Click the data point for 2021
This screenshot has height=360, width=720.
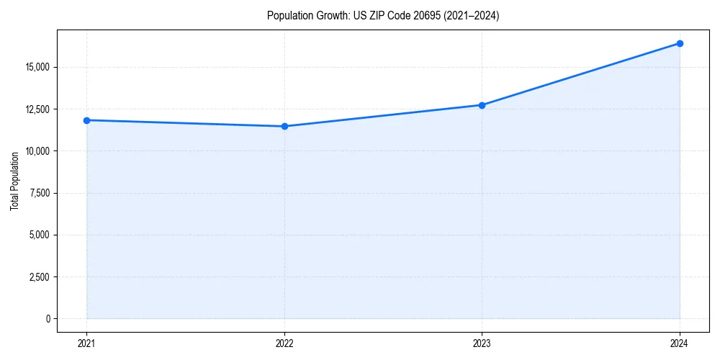coord(86,120)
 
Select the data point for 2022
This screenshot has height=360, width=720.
coord(284,126)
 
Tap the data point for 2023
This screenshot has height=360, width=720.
coord(482,105)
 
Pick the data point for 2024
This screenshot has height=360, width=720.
coord(680,43)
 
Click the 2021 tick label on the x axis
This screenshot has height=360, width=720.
coord(86,343)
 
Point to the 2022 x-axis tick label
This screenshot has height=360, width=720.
coord(284,343)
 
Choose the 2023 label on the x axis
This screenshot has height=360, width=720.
coord(482,343)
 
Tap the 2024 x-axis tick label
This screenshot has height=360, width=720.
coord(680,343)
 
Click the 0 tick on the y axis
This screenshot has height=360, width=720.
coord(48,319)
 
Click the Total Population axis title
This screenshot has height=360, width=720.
coord(14,181)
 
